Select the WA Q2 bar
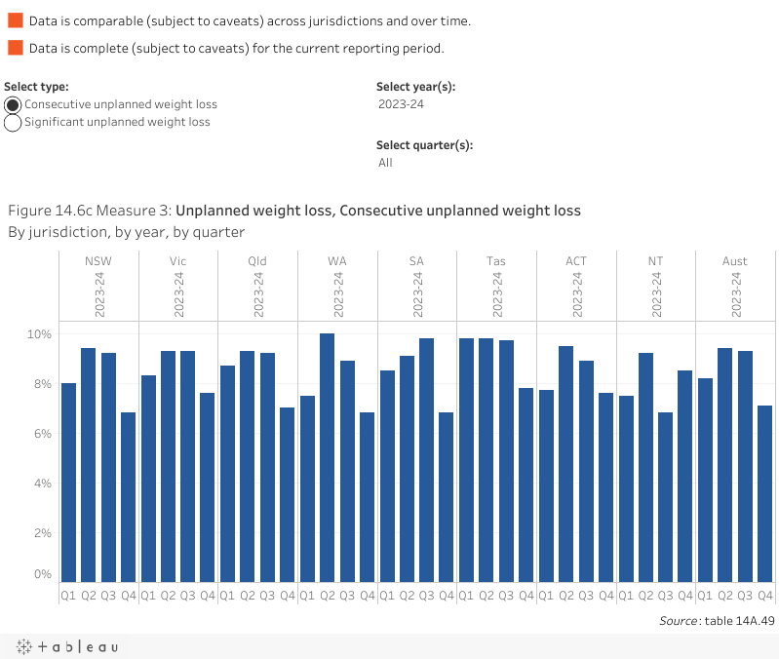pos(327,457)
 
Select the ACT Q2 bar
pos(565,464)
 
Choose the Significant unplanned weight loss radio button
pos(14,123)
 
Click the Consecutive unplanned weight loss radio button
pos(14,104)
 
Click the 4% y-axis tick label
pos(42,484)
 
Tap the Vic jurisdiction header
pos(177,261)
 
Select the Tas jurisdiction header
pos(495,261)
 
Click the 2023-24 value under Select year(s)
pos(401,104)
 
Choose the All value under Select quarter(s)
pos(386,163)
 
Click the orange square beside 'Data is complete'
pos(15,48)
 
